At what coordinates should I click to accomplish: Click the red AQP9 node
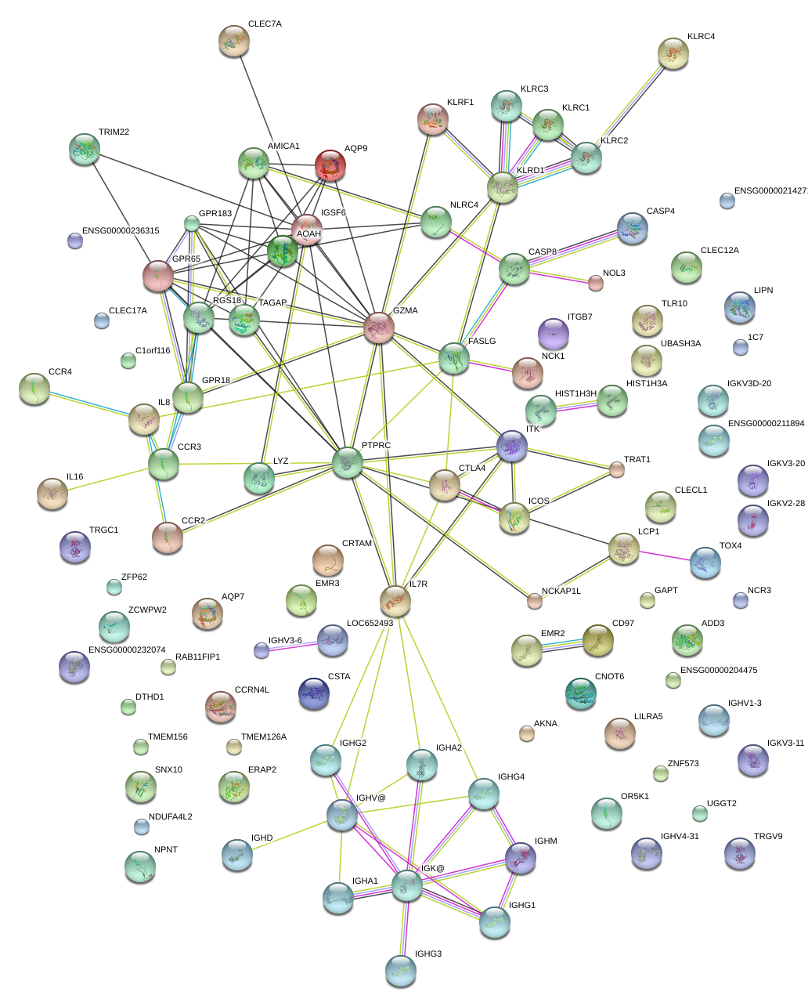tap(330, 165)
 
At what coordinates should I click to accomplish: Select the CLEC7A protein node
tap(233, 41)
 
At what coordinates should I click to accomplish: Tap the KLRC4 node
tap(673, 53)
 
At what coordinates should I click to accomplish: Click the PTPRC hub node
tap(348, 462)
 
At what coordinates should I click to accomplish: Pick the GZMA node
tap(379, 327)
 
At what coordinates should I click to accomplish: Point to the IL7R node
tap(395, 601)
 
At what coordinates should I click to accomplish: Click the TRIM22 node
tap(85, 149)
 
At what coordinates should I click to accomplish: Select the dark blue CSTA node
tap(314, 693)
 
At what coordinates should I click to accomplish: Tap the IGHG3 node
tap(401, 970)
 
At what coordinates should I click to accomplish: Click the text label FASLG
tap(482, 342)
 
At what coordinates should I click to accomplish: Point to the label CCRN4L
tap(252, 690)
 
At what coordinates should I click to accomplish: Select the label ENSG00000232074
tap(127, 650)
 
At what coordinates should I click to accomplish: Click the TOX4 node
tap(705, 563)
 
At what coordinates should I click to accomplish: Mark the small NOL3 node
tap(596, 283)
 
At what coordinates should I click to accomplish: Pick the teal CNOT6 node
tap(580, 693)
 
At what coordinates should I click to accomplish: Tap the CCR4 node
tap(34, 389)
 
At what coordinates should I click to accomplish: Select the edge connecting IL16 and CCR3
tap(108, 479)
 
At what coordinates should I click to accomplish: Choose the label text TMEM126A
tap(264, 737)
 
